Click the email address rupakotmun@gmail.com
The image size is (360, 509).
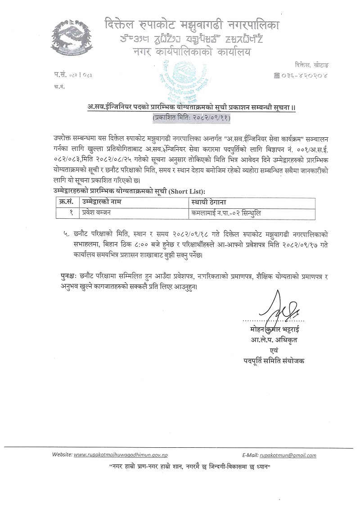[292, 455]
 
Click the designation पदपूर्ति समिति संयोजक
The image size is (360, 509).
[273, 360]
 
